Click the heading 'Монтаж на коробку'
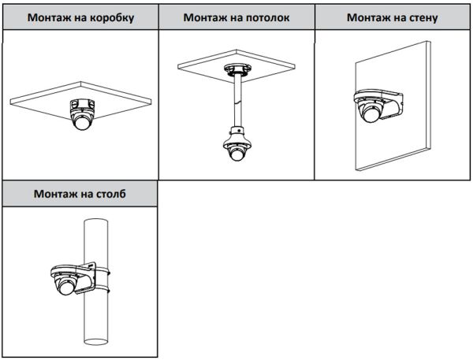coord(79,17)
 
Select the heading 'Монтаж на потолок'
coord(236,17)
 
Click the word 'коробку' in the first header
coord(111,17)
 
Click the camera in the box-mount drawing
coord(81,115)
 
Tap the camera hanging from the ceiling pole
coord(236,150)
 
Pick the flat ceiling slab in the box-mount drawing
coord(47,98)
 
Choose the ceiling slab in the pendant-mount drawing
coord(268,63)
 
